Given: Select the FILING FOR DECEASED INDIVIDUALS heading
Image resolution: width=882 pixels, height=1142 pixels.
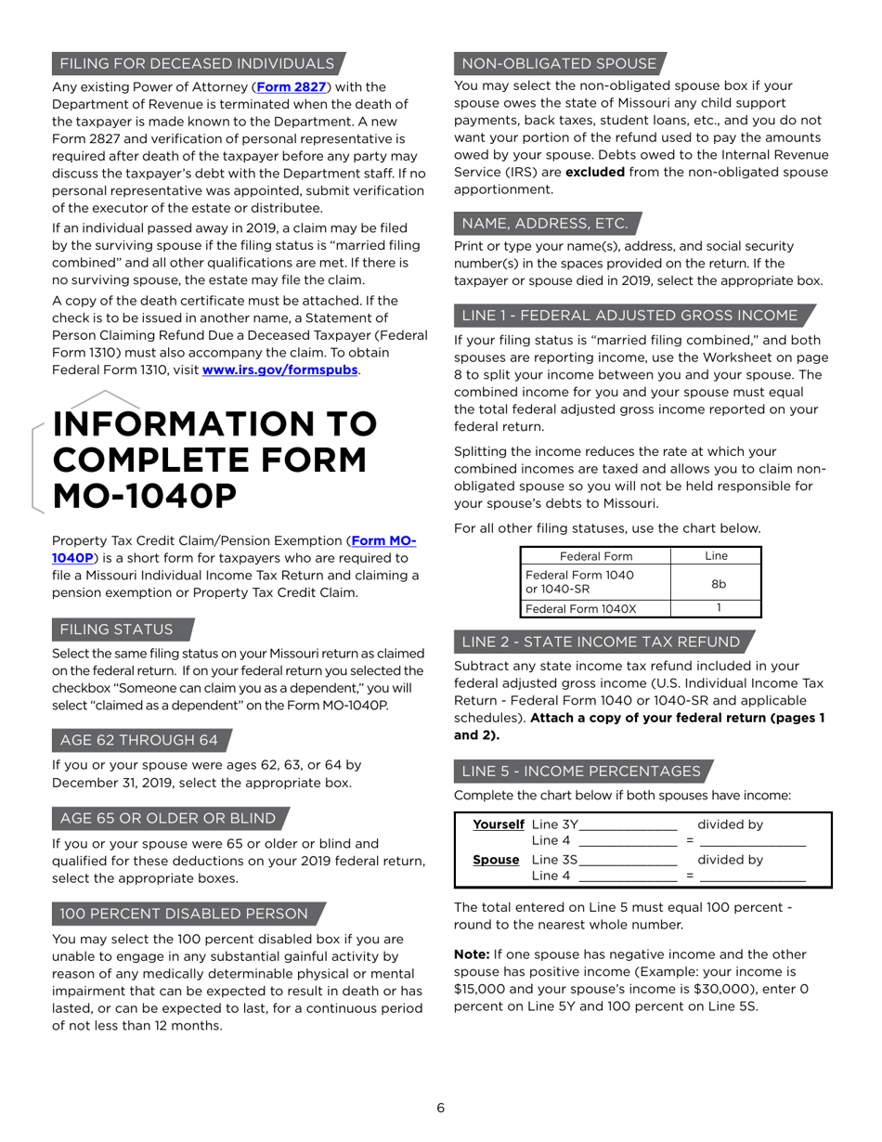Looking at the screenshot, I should pyautogui.click(x=197, y=63).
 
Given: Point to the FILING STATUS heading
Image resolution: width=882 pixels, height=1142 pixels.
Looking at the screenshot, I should pyautogui.click(x=117, y=629).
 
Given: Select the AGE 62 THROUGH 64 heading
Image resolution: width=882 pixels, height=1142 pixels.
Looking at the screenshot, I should pyautogui.click(x=139, y=740).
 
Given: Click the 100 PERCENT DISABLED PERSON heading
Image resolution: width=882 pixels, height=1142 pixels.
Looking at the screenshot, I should pyautogui.click(x=184, y=914).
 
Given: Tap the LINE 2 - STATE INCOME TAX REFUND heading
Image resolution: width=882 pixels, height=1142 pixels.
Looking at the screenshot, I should pyautogui.click(x=601, y=642).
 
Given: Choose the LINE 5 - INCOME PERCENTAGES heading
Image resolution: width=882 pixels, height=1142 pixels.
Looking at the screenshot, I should pyautogui.click(x=581, y=772).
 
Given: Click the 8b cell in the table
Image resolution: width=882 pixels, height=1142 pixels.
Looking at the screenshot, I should pyautogui.click(x=718, y=583).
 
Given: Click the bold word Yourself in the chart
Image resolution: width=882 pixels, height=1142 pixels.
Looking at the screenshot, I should pyautogui.click(x=499, y=824).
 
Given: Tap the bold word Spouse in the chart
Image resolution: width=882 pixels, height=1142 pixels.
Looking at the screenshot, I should pyautogui.click(x=496, y=860).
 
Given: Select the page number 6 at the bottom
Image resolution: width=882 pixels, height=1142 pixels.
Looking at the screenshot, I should pyautogui.click(x=441, y=1108).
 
